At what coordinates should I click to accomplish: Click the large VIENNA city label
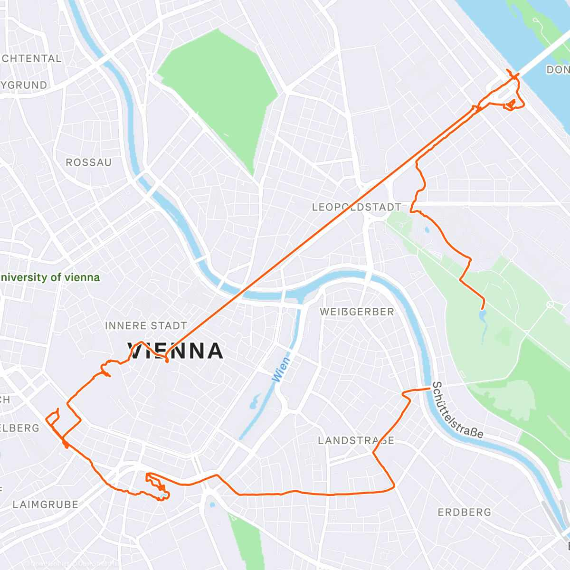click(176, 351)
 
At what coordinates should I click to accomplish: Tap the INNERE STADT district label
click(146, 326)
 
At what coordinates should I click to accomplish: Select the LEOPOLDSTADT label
click(356, 207)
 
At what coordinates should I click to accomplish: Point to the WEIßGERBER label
click(357, 312)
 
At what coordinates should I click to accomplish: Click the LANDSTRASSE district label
click(356, 441)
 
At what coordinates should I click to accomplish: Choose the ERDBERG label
click(464, 513)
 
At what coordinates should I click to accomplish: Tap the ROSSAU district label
click(89, 162)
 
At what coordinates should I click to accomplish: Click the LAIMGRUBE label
click(46, 504)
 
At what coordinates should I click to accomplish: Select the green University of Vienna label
click(50, 277)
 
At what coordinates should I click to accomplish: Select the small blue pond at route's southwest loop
click(164, 496)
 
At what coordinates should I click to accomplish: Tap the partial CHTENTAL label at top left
click(31, 58)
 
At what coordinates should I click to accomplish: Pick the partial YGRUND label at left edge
click(24, 85)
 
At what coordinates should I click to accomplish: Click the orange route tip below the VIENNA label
click(167, 361)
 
